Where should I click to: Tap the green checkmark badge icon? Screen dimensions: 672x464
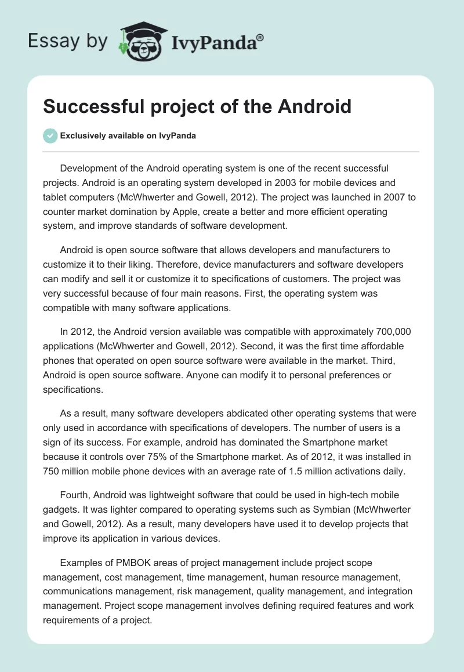[x=50, y=136]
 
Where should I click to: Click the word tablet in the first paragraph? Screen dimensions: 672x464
[x=56, y=197]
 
